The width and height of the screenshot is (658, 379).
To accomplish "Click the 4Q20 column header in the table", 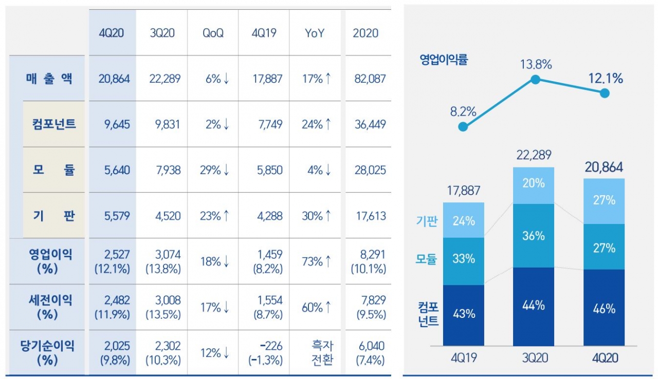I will [x=112, y=33].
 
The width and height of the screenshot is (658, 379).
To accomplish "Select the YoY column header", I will [x=315, y=33].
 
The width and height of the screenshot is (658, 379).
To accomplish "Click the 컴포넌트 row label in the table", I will [x=53, y=124].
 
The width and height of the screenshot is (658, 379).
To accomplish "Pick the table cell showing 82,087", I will [x=369, y=79].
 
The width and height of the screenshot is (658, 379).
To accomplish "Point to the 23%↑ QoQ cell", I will [x=214, y=216].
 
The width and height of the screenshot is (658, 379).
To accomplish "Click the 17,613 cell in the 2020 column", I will [x=369, y=216].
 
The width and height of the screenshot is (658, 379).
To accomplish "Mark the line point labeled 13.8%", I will [x=535, y=80].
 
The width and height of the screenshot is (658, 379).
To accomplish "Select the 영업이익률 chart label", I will [x=444, y=60].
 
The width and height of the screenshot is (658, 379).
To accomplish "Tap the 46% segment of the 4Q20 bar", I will [x=604, y=308].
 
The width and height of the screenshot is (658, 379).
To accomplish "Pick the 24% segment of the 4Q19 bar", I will [x=463, y=221].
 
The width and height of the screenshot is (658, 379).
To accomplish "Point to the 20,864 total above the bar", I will [x=604, y=167].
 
